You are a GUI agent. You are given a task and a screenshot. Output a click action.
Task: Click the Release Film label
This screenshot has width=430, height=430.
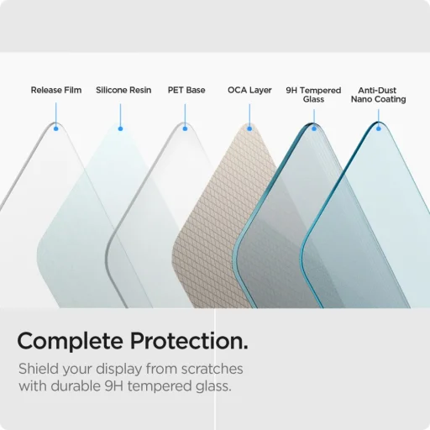tap(56, 90)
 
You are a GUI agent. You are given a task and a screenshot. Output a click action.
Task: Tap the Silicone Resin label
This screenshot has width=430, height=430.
tap(123, 90)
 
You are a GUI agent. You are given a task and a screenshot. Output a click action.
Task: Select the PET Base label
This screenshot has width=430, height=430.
tap(186, 90)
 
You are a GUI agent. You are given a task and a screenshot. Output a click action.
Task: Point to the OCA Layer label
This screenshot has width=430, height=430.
tap(249, 90)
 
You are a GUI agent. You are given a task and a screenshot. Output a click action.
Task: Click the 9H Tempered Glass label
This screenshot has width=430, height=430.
tap(313, 94)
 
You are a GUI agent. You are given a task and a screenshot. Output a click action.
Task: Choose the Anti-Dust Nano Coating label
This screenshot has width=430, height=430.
tap(378, 94)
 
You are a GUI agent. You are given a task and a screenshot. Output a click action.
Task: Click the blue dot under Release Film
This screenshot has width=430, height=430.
tap(56, 128)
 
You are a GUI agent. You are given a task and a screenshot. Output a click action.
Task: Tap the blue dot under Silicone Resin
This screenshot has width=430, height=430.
tap(121, 128)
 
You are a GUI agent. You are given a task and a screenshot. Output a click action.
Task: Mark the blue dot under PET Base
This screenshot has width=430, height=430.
tap(185, 128)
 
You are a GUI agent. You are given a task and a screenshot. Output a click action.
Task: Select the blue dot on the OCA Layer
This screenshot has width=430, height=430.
tap(249, 128)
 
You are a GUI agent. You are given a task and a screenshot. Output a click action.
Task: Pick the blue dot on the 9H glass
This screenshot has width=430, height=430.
tap(314, 128)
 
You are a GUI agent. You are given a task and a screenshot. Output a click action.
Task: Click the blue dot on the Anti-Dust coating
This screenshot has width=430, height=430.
tap(378, 128)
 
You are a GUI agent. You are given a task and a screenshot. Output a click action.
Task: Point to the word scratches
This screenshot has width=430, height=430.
tap(211, 370)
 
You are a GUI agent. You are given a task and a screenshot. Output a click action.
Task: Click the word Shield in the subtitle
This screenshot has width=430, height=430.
tap(39, 370)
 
